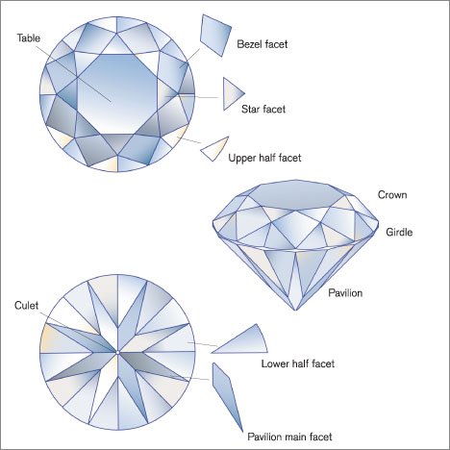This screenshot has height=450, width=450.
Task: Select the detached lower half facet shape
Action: click(240, 341)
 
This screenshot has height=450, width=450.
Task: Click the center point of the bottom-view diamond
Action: click(117, 352)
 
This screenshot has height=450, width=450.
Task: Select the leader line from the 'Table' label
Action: click(72, 67)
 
